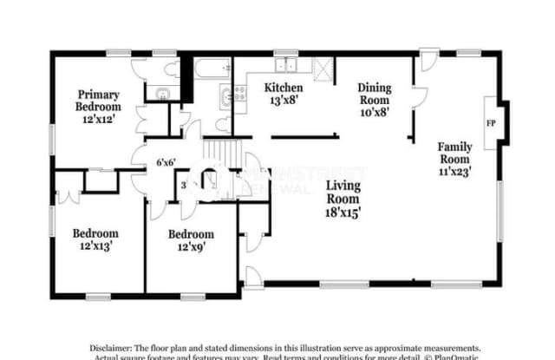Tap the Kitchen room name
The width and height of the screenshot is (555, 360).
[284, 88]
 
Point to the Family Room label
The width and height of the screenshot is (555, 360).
[454, 153]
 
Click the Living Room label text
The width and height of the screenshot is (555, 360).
[344, 191]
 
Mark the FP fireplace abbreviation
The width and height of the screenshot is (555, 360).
[491, 122]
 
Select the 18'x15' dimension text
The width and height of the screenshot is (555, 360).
[344, 211]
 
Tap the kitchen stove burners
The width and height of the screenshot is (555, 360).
[226, 96]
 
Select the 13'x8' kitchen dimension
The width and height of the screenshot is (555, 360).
[284, 101]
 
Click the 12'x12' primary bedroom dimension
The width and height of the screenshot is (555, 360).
[98, 120]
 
